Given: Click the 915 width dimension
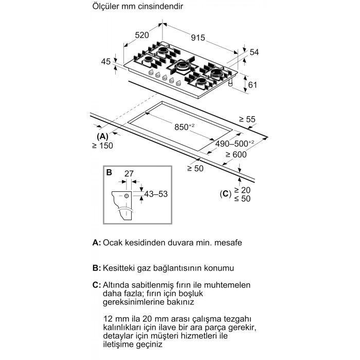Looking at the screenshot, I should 198,38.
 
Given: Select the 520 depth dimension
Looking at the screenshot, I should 142,35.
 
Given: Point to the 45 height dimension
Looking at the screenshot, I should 106,62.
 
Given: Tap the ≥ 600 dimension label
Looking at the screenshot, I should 235,154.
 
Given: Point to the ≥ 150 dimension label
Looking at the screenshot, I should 102,146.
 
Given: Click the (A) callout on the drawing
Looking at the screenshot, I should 102,136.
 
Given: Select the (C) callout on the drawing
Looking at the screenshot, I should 224,194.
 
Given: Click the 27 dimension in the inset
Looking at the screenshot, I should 129,174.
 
